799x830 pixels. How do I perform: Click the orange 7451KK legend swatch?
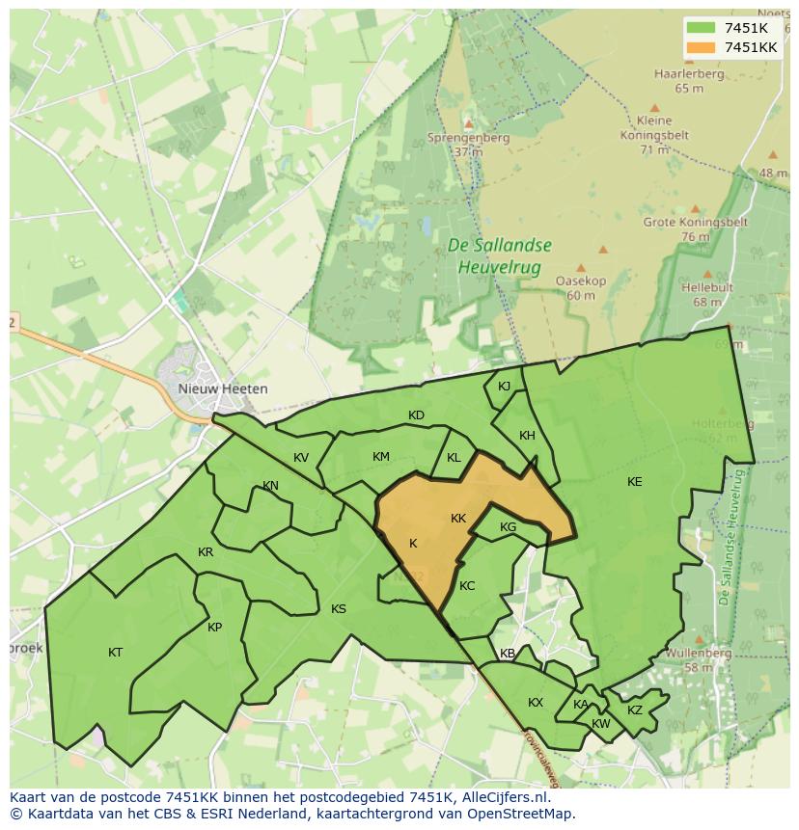coord(703,47)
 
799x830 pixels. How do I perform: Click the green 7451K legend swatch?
coord(703,28)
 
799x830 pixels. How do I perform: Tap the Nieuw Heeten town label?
coord(223,388)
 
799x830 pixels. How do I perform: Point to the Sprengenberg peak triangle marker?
coord(468,123)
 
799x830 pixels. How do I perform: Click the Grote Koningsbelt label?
coord(695,228)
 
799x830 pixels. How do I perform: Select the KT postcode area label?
coord(116,653)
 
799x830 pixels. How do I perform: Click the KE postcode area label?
coord(634,482)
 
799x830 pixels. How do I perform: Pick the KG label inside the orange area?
coord(509,527)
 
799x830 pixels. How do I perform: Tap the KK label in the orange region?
coord(458,519)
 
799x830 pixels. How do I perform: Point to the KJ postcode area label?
coord(504,387)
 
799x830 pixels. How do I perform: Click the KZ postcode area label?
coord(634,710)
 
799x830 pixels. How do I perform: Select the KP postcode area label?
coord(214,628)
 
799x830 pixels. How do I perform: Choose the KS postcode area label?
coord(339,609)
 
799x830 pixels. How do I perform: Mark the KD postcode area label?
coord(416,415)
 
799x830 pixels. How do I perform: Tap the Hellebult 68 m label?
coord(706,294)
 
